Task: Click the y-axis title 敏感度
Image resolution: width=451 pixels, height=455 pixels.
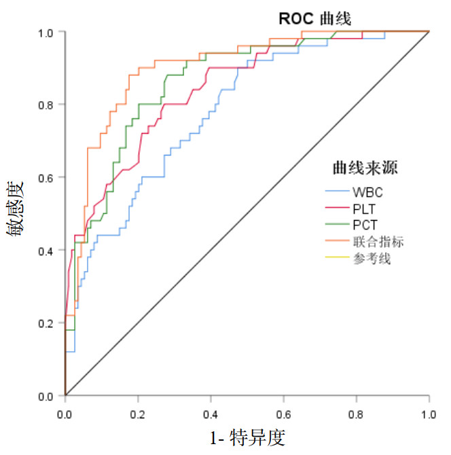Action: point(18,208)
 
